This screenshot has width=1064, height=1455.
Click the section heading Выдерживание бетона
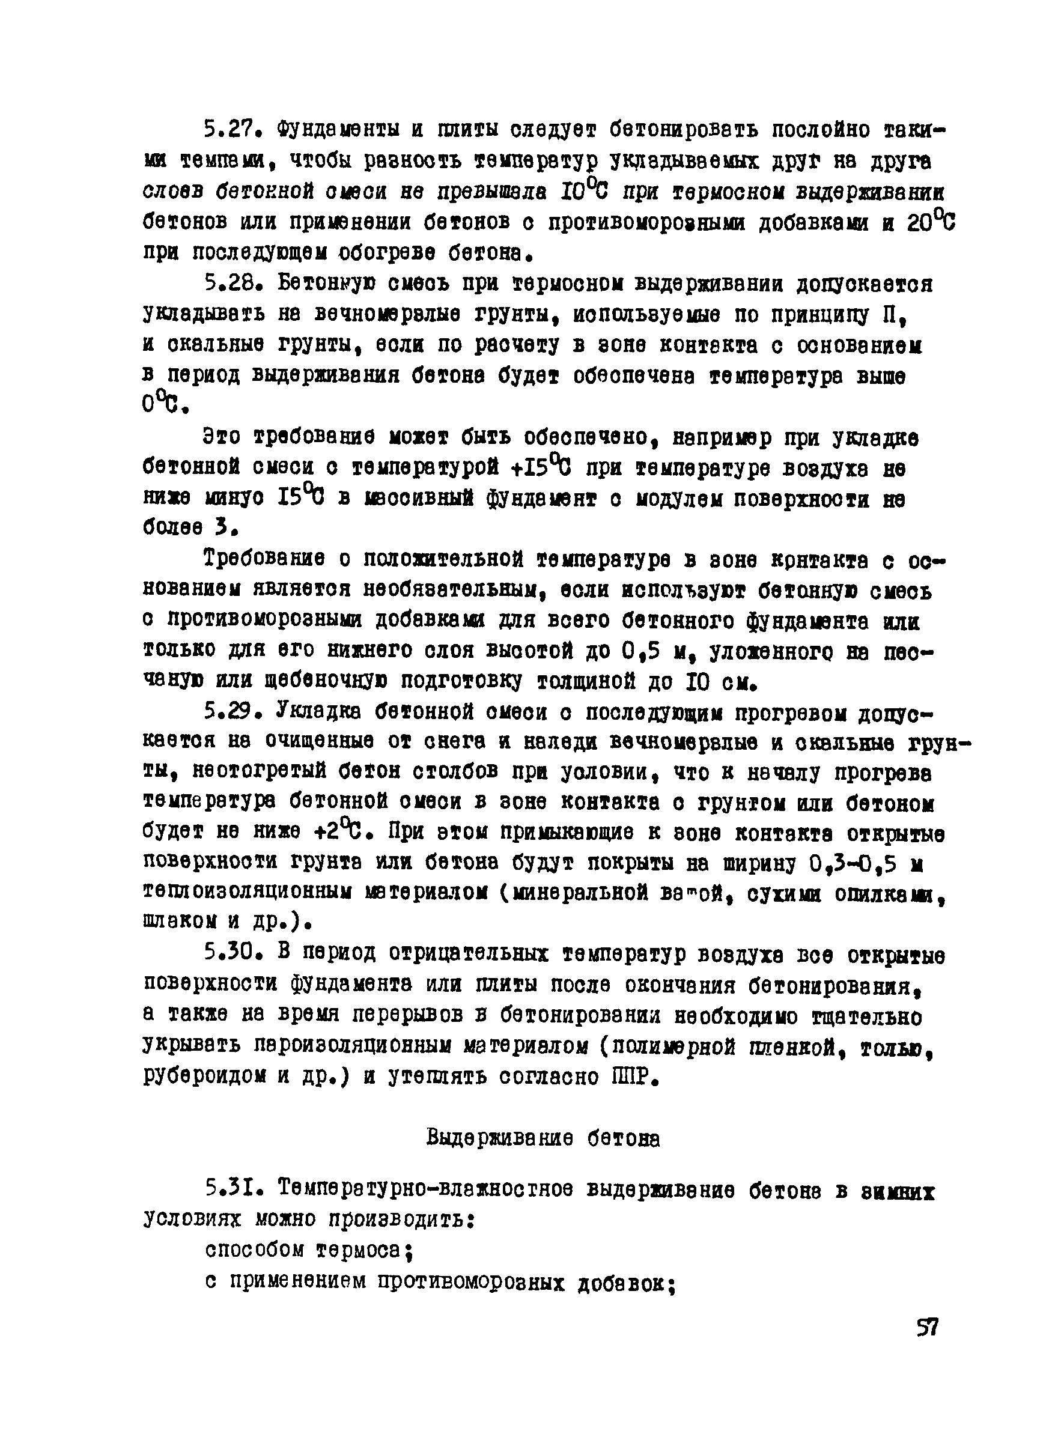coord(543,1139)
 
